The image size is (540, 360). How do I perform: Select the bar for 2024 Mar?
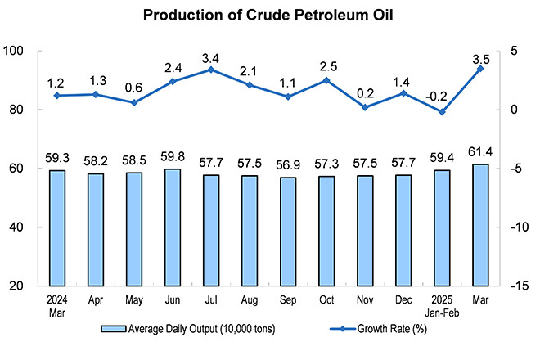57,227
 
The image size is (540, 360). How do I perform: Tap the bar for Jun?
173,227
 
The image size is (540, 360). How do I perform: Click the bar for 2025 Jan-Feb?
443,227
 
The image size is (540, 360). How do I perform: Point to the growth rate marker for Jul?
211,70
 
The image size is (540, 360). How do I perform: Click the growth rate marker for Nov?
366,107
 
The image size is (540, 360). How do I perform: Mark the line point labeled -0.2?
443,112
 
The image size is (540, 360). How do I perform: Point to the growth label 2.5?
327,65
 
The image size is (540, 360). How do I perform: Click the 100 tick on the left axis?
21,51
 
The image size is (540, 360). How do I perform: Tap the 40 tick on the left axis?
25,227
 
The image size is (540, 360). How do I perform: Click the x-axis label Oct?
327,299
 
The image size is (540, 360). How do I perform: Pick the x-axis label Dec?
404,299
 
